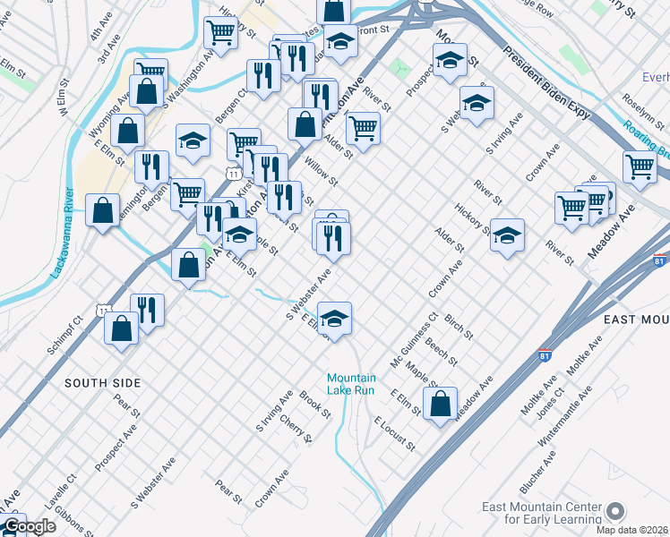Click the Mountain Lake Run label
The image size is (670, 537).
351,384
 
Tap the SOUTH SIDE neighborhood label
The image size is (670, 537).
103,383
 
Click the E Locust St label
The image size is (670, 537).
394,433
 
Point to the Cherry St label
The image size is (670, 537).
296,428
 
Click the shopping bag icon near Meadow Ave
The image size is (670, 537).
440,404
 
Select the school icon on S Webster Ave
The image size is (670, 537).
334,320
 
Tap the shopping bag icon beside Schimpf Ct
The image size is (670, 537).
121,328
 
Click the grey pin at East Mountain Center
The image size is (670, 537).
614,511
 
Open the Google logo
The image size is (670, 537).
29,527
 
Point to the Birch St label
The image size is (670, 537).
459,327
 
